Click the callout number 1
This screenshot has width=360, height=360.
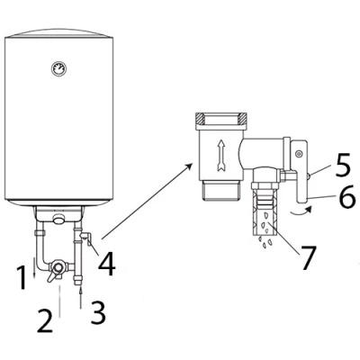22,278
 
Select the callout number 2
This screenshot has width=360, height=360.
45,321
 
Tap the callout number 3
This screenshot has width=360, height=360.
98,313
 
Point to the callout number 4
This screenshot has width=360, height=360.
107,265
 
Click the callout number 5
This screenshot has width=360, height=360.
342,165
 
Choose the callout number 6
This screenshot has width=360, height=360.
347,196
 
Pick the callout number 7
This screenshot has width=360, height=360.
309,257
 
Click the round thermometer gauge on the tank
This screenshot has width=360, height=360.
58,68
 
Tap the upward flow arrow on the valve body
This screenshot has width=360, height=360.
220,155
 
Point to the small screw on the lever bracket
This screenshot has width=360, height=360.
298,153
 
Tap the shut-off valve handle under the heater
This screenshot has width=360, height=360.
53,276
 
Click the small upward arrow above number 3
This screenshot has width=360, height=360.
81,298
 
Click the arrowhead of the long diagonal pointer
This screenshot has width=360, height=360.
189,166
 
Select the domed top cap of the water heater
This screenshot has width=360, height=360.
59,33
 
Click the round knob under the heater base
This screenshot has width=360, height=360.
59,219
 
